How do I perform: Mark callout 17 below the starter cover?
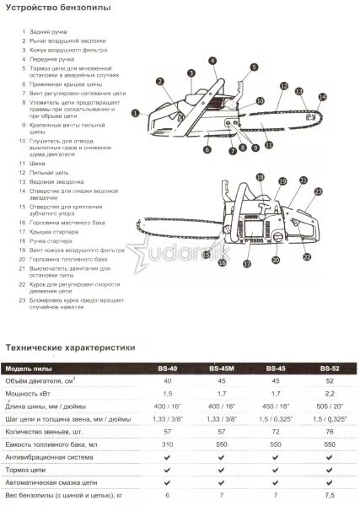248,264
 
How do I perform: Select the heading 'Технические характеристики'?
71,346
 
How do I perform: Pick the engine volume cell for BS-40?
167,382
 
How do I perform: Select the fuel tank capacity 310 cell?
167,443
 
